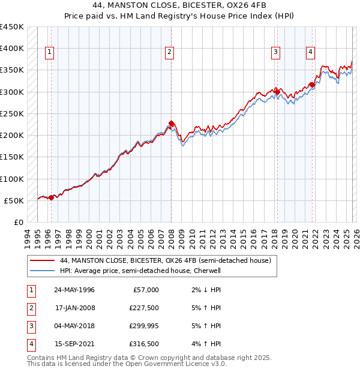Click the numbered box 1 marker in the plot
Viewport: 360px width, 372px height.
point(49,53)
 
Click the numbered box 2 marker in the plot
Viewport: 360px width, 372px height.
point(170,53)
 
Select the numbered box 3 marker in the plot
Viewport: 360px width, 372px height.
point(275,53)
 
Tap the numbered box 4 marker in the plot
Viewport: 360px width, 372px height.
point(310,53)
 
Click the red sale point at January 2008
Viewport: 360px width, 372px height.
point(172,124)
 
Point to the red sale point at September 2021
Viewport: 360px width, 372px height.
point(312,85)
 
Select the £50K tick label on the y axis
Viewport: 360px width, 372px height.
point(14,200)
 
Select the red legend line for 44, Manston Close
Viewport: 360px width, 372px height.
point(42,261)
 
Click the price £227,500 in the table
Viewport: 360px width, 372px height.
point(144,308)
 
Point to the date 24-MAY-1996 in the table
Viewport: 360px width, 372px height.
point(74,290)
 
